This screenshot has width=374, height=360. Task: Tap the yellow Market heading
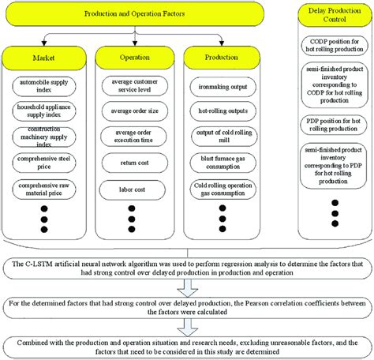[45, 58]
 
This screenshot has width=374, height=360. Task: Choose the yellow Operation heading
[133, 58]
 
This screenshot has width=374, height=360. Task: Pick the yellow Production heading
[221, 58]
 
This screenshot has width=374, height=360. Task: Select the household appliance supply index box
[46, 112]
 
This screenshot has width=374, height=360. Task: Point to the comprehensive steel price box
[46, 163]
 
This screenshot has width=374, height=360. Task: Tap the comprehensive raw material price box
[46, 189]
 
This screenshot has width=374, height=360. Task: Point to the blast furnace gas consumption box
[221, 163]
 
